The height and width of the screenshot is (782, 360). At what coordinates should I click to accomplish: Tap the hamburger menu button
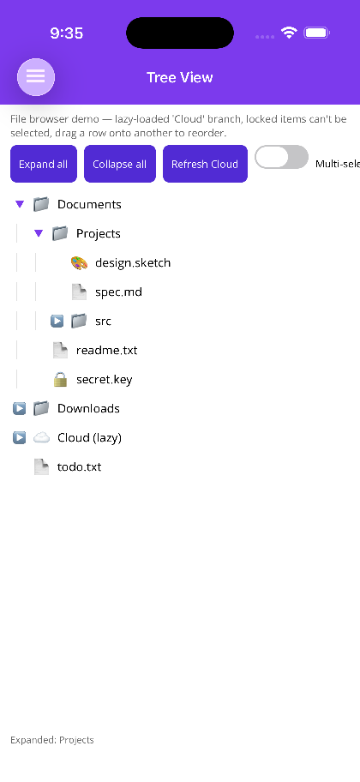click(36, 77)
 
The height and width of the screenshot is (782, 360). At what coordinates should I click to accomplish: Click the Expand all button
click(44, 164)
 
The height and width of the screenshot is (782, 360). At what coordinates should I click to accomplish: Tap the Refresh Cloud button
click(205, 164)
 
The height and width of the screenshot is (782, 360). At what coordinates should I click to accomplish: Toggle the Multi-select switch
click(281, 157)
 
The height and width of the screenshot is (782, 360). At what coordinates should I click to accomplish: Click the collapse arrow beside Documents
click(20, 204)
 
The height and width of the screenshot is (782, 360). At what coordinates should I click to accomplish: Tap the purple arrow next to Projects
click(39, 233)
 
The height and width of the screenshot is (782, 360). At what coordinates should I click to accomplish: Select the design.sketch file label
click(133, 263)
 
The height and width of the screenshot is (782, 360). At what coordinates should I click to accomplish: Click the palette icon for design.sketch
click(79, 263)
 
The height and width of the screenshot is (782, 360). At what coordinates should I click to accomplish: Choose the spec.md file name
click(118, 292)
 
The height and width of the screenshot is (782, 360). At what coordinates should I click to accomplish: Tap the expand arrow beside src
click(57, 322)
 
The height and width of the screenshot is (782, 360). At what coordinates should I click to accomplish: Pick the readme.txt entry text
click(106, 351)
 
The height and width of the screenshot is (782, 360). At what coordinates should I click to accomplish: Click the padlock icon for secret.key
click(60, 380)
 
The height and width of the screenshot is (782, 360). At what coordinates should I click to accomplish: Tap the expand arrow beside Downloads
click(19, 409)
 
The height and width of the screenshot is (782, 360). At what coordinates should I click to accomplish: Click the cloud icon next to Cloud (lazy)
click(41, 438)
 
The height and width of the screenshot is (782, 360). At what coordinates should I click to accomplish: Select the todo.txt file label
click(79, 467)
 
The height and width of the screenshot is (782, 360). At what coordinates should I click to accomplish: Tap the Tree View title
click(180, 77)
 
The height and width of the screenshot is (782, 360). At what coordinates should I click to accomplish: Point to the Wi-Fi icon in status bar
click(289, 33)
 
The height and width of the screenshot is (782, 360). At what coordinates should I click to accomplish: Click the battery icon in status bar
click(316, 33)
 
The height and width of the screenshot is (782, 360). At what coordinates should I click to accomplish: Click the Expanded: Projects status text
click(52, 740)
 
